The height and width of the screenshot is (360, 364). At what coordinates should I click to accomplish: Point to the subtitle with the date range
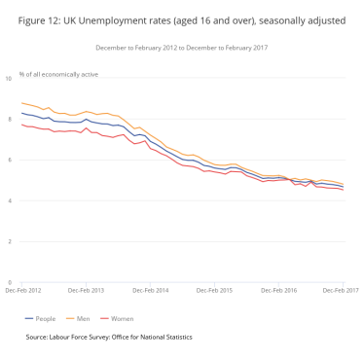coord(182,47)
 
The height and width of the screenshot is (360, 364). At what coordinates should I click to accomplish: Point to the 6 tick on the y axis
coord(11,159)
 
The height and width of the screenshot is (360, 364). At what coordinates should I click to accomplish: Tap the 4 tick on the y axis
coord(11,200)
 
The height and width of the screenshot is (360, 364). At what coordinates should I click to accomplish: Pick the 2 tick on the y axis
coord(11,241)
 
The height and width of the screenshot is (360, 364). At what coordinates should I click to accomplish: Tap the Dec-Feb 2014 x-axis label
coord(151,290)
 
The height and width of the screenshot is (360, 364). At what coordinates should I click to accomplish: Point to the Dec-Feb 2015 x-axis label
coord(214,290)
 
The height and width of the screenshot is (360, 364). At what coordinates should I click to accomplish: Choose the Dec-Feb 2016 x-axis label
coord(277,290)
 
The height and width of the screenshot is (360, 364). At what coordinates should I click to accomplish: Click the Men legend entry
coord(92,317)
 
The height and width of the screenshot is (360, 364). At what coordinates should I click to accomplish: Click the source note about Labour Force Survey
coord(110,337)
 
